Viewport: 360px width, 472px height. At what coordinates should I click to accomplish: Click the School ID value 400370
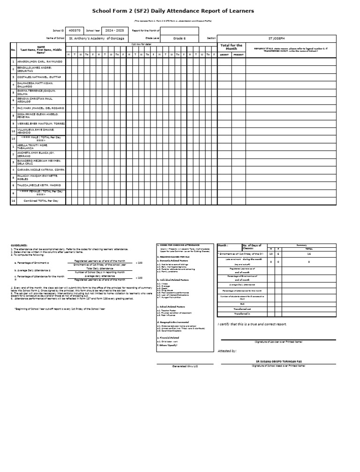tap(74, 30)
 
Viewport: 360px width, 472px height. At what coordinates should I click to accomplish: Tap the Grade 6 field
tap(179, 38)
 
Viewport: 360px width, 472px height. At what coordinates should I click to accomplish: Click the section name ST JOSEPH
tap(276, 38)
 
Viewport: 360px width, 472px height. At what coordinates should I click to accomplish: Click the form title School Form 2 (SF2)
tap(173, 11)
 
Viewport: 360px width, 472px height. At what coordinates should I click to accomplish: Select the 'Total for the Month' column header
tap(231, 47)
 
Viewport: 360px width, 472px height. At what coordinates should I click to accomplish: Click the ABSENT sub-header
tap(224, 54)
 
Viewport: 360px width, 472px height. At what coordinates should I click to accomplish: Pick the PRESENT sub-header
tap(238, 54)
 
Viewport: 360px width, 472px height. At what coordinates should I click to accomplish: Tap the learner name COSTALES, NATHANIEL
tap(39, 76)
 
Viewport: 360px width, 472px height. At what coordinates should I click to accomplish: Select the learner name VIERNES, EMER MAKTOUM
tap(41, 123)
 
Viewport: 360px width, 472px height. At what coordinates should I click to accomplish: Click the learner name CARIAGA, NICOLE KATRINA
tap(41, 169)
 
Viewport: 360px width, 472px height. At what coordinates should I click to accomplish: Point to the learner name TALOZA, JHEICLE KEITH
tap(39, 185)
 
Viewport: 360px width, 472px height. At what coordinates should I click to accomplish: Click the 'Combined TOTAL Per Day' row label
tap(41, 201)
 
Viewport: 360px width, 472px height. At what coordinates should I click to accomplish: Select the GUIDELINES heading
tap(19, 245)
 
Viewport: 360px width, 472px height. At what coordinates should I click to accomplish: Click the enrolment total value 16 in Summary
tap(309, 253)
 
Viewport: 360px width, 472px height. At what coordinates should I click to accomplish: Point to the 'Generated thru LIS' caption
tap(185, 366)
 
